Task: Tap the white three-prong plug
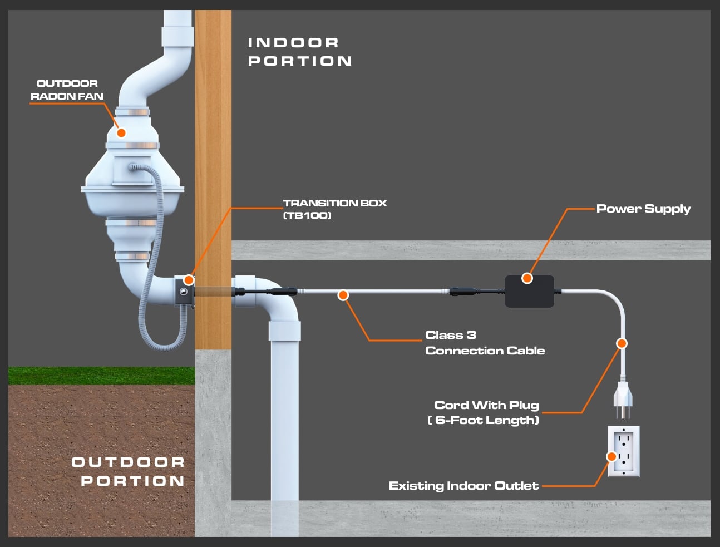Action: [622, 396]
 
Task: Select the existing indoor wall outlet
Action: [624, 451]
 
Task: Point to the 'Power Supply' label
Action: [643, 209]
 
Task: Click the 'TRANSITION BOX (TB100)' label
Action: [334, 209]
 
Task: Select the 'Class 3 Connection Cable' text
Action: [484, 343]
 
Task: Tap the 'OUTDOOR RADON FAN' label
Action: [67, 90]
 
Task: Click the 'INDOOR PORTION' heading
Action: [299, 52]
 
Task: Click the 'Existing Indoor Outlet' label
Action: [463, 486]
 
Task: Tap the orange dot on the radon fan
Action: [121, 132]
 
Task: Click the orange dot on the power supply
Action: [527, 278]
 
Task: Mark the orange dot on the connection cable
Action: [343, 295]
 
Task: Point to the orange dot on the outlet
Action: [611, 456]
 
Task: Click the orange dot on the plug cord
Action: [622, 343]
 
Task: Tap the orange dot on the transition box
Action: [189, 280]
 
